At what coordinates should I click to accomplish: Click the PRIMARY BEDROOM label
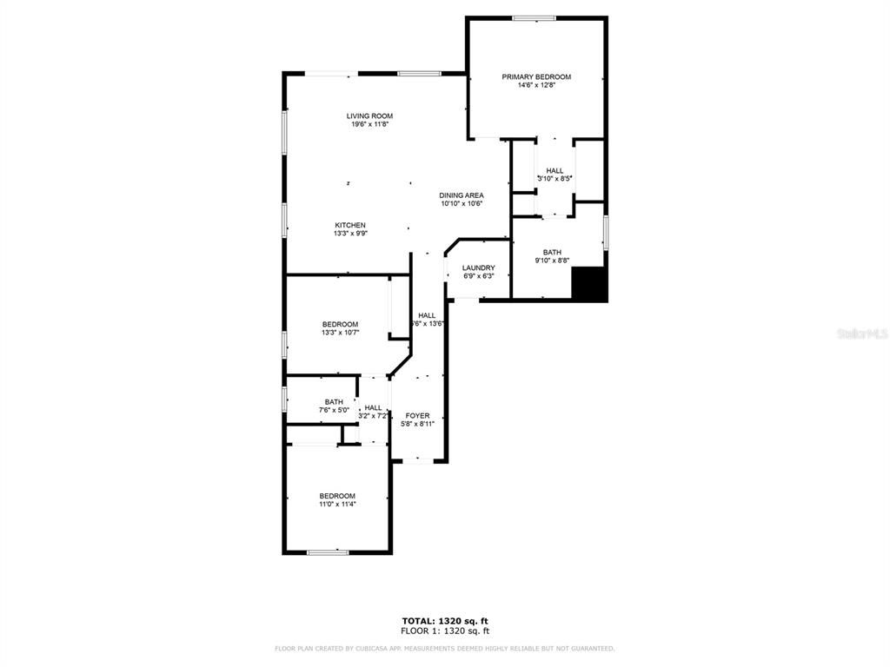tap(536, 76)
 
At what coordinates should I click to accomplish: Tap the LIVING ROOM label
tap(369, 116)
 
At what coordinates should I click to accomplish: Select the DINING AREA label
tap(462, 195)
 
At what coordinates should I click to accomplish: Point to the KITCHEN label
tap(350, 225)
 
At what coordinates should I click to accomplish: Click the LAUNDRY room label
tap(478, 267)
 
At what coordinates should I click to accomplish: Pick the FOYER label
tap(417, 416)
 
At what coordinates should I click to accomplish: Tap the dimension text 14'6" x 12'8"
tap(536, 85)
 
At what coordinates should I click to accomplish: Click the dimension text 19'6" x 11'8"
tap(369, 124)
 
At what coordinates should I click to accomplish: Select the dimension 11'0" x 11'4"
tap(336, 504)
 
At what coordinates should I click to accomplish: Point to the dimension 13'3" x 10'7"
tap(340, 333)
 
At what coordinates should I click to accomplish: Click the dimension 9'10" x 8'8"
tap(552, 261)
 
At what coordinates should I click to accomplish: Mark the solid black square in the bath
tap(588, 284)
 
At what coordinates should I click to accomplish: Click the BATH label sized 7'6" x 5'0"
tap(334, 402)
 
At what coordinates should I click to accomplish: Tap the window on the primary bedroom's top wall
tap(534, 17)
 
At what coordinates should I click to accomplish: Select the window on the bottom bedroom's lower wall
tap(328, 551)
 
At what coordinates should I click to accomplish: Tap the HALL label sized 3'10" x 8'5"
tap(555, 170)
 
